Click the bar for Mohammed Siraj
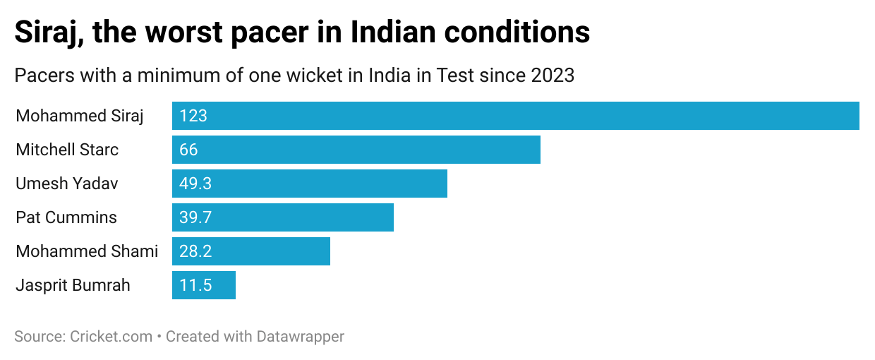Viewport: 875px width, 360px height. tap(515, 116)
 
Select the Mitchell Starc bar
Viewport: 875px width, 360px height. tap(356, 150)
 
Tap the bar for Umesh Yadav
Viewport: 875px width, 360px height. tap(310, 184)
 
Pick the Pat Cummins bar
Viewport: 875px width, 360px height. tap(283, 217)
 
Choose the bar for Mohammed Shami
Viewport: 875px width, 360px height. tap(251, 251)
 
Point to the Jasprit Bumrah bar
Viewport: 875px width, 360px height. tap(204, 285)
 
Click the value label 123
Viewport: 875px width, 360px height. tap(193, 116)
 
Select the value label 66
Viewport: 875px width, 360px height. tap(188, 150)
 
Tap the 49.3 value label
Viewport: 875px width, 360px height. tap(195, 184)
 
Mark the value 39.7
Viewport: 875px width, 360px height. tap(195, 217)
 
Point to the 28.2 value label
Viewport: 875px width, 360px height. tap(195, 251)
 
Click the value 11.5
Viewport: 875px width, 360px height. tap(195, 285)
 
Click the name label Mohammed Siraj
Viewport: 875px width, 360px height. tap(80, 116)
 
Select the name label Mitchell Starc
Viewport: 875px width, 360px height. tap(67, 150)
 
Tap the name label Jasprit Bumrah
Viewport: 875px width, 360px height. tap(73, 285)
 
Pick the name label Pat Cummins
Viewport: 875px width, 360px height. tap(66, 217)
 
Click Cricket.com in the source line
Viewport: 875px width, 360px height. tap(111, 337)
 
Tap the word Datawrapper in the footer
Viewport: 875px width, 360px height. tap(298, 337)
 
